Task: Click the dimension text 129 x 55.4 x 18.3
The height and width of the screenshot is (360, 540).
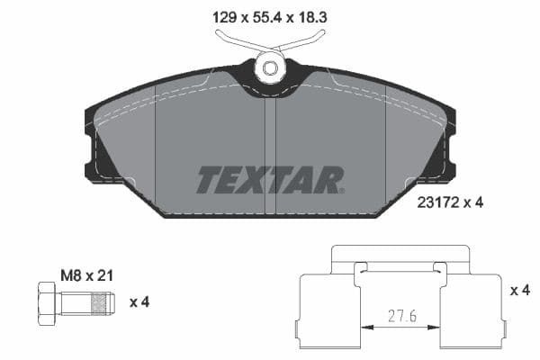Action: coord(269,15)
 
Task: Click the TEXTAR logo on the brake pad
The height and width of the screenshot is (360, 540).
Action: coord(269,180)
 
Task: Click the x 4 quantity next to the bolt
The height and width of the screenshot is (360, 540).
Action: coord(139,301)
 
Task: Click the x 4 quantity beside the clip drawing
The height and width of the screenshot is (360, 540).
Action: coord(519,290)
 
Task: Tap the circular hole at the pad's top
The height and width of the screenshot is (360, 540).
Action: coord(268,66)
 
